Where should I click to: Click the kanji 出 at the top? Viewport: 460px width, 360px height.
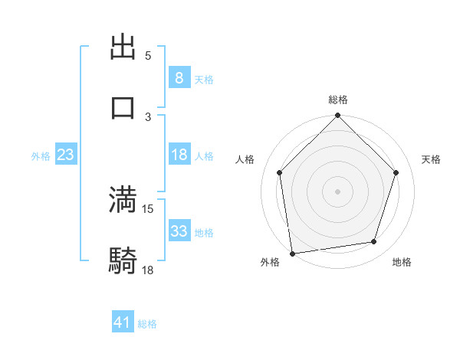click(123, 47)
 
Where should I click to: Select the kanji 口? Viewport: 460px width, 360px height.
click(123, 106)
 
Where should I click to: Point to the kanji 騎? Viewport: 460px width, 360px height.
click(123, 260)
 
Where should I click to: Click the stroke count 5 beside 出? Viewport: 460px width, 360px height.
click(148, 56)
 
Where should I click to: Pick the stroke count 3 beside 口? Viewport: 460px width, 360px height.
click(148, 116)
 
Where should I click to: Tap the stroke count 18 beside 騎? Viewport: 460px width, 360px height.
click(148, 269)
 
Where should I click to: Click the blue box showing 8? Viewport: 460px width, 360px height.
click(179, 77)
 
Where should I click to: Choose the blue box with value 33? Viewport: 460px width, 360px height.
click(179, 231)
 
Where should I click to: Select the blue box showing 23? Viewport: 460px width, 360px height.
click(66, 155)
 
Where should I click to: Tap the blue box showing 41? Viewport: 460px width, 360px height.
click(123, 323)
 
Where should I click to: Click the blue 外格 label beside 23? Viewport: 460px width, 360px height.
click(41, 156)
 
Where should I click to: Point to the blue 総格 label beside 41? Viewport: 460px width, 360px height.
click(147, 324)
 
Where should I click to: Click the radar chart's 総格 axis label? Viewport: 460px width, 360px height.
click(338, 100)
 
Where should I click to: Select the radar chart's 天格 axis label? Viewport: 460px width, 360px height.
click(431, 159)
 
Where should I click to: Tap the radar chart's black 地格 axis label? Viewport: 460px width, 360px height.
click(402, 263)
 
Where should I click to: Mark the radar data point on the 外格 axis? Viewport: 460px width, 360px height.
click(292, 252)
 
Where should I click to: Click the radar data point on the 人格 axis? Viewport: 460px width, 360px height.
click(280, 172)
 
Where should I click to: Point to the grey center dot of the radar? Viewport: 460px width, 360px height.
click(338, 191)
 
